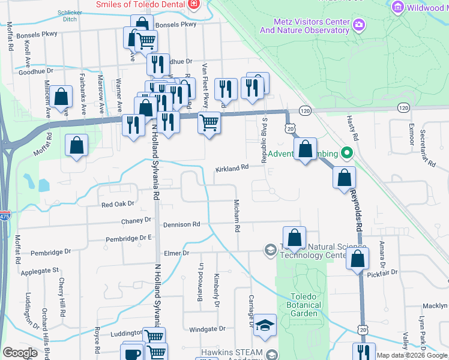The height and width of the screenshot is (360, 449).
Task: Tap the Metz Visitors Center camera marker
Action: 359,25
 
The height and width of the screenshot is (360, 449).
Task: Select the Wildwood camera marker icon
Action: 396,7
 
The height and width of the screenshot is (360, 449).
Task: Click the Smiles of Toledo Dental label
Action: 141,4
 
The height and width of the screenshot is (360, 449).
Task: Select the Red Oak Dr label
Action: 118,204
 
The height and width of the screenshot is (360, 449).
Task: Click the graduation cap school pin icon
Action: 265,325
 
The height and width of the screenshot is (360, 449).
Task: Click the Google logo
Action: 20,353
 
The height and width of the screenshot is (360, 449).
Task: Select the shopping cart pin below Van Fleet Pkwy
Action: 209,122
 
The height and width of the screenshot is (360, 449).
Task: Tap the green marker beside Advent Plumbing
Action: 346,154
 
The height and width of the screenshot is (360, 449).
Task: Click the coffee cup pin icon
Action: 133,352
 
